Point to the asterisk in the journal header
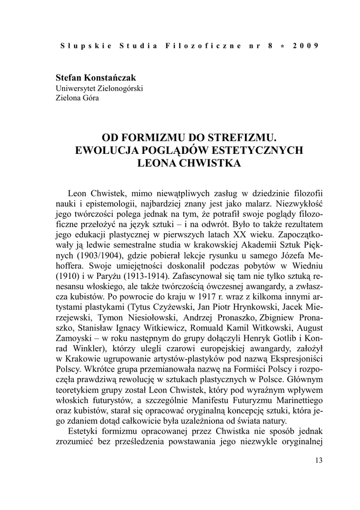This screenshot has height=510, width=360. click(x=282, y=46)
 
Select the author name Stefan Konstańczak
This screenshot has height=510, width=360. click(x=96, y=78)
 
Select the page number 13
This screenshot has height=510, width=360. click(x=319, y=460)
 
